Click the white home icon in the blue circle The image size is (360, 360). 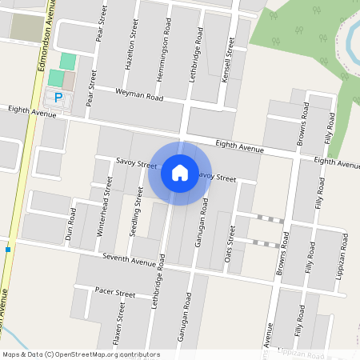pos(180,172)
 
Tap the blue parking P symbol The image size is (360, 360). pos(58,97)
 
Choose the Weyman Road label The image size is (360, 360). pos(139,98)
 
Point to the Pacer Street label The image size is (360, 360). pos(115,293)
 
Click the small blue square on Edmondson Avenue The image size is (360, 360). pos(8,250)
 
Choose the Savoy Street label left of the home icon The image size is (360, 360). pos(135,164)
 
